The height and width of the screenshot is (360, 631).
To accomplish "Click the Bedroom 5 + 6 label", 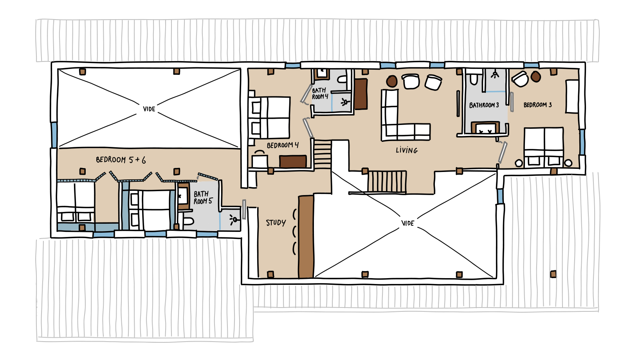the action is tap(121, 160).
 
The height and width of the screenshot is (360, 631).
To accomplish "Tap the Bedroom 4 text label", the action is tap(283, 145).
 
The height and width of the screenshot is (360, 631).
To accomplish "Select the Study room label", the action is tap(276, 223).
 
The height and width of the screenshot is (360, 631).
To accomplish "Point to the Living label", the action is tap(406, 150).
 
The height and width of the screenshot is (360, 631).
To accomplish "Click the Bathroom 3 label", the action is tap(484, 105).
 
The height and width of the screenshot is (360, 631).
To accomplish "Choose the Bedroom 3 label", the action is tap(537, 105).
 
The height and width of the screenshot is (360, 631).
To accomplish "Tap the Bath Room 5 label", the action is tap(203, 197).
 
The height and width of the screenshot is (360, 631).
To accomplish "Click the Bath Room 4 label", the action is tap(320, 93).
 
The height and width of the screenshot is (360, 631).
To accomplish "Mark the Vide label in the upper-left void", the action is tap(149, 109).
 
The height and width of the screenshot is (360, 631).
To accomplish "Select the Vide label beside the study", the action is tap(407, 223).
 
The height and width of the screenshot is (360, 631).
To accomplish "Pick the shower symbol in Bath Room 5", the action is tap(234, 219).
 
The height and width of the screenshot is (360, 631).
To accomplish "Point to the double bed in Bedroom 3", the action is tap(544, 147).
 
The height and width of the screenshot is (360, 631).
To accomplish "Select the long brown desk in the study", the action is tap(306, 237).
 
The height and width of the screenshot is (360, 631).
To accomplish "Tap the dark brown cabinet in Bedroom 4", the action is tap(293, 161).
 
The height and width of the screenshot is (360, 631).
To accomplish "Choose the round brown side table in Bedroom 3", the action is tap(535, 76).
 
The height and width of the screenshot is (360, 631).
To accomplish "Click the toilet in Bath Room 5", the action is tap(188, 221).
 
